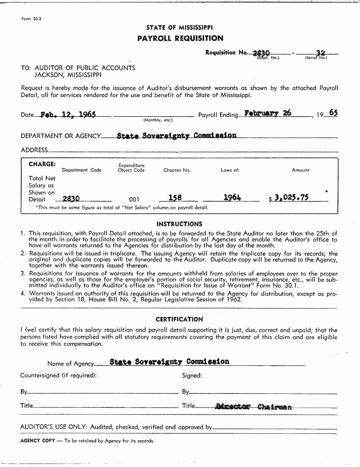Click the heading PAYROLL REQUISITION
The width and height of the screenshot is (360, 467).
tap(180, 38)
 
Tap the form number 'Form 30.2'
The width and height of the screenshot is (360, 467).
tap(32, 19)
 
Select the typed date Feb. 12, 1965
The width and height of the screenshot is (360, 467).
tap(68, 115)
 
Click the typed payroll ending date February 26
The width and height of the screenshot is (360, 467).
tap(268, 114)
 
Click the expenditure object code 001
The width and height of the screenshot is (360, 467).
tap(134, 200)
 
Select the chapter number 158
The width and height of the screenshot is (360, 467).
tap(175, 198)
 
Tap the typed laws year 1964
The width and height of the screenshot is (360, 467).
tap(232, 198)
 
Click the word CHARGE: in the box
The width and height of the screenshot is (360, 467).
tap(42, 164)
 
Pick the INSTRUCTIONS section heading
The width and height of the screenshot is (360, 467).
tap(179, 224)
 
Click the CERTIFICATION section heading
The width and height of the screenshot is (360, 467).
tap(179, 319)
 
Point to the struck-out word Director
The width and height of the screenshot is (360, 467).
tap(233, 407)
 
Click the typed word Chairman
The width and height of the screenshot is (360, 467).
tap(275, 407)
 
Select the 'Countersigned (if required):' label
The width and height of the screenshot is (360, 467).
tap(59, 375)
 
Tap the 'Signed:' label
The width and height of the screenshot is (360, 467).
tap(192, 375)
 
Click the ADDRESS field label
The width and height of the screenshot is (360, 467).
tap(34, 150)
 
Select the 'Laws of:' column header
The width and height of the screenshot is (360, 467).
tap(230, 170)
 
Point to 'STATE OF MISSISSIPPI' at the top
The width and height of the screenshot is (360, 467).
tap(179, 28)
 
